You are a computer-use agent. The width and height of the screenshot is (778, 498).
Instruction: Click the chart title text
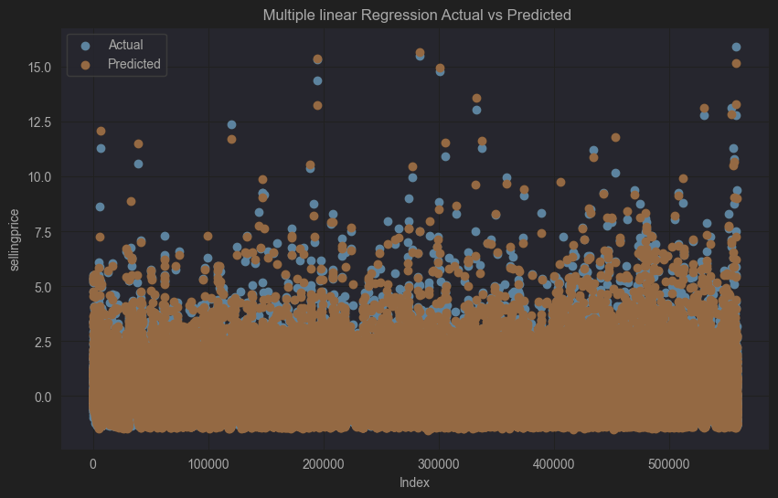(416, 15)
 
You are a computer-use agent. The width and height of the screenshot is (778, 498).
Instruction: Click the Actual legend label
(125, 45)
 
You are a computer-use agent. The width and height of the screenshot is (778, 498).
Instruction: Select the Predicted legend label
(133, 64)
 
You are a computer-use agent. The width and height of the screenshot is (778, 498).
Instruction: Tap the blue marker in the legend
(86, 45)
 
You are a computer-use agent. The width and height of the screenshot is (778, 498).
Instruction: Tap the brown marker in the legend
(86, 64)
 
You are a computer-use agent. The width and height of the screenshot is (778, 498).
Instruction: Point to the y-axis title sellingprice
(14, 238)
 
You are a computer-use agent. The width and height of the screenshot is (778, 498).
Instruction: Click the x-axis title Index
(414, 482)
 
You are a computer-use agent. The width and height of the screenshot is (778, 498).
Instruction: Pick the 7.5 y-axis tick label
(42, 231)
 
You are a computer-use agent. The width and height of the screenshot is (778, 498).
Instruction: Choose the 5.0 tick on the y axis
(42, 287)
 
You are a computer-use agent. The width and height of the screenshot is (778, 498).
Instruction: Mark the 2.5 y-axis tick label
(42, 342)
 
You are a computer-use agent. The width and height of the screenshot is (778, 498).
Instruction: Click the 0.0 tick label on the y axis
(42, 397)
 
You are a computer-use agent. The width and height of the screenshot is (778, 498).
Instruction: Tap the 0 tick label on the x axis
(92, 463)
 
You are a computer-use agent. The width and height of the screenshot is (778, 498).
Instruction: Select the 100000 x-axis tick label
(208, 463)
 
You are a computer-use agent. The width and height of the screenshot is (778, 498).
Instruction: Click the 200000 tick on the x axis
(323, 463)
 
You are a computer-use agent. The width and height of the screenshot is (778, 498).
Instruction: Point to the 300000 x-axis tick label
(438, 463)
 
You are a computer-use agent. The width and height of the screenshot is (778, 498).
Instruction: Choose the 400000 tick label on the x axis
(553, 463)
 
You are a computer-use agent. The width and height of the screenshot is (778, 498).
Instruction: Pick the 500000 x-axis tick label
(668, 463)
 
